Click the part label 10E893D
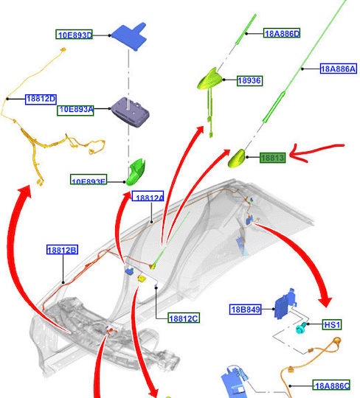click(74, 35)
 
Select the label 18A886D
click(282, 33)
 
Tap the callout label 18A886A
click(339, 69)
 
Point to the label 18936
click(249, 81)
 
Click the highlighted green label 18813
click(273, 158)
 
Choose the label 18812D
click(41, 99)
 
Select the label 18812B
click(62, 250)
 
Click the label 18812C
click(184, 318)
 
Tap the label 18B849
click(246, 310)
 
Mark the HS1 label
click(332, 324)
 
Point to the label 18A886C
click(331, 385)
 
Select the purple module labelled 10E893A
click(131, 112)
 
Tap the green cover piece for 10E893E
click(136, 172)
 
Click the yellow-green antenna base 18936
click(210, 80)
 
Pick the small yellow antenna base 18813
click(237, 158)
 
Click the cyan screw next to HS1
click(301, 328)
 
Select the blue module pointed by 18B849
click(285, 304)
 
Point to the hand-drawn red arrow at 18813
click(315, 152)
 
